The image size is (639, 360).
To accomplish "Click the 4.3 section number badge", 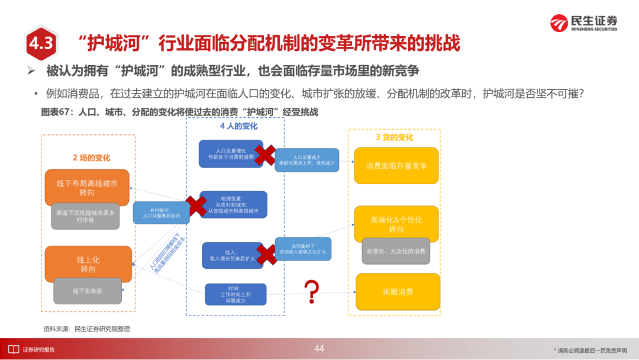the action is (41, 43).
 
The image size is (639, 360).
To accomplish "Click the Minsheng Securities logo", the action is (583, 23).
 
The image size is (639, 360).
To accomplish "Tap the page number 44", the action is (319, 348).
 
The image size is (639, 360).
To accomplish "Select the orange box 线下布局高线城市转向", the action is (87, 188).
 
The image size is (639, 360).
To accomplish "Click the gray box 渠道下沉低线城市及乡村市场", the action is (85, 216).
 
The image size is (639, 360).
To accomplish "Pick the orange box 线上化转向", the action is (88, 264).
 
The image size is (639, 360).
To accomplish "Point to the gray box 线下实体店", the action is (88, 291).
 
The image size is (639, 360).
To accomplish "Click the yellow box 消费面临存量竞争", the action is (396, 166).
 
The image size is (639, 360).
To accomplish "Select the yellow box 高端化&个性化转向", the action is (396, 224).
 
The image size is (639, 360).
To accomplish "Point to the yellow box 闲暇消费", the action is (398, 292).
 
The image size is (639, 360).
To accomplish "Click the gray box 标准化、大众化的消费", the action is (396, 250).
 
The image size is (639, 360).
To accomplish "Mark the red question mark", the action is (311, 291).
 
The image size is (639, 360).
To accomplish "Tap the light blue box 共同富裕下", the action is (303, 249).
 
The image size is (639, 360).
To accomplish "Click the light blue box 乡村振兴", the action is (161, 213).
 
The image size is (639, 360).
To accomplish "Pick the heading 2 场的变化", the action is (92, 157).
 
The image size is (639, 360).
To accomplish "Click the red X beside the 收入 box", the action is (266, 255).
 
